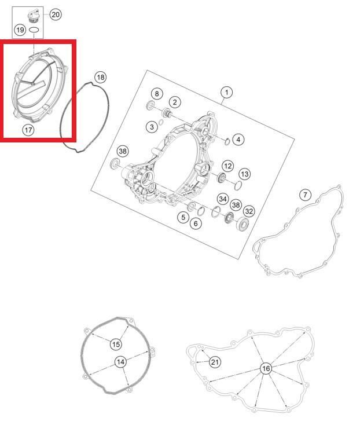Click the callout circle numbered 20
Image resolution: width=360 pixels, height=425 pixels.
point(56,14)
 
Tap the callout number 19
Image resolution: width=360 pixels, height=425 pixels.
point(20,30)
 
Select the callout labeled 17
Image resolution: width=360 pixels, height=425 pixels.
point(28,130)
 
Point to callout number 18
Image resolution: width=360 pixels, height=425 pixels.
point(101,78)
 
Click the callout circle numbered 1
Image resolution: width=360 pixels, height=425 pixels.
point(226,93)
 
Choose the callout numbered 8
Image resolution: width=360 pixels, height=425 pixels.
point(157,94)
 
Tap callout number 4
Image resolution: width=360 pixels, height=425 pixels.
point(238,140)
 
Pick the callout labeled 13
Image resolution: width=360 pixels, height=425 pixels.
point(245,174)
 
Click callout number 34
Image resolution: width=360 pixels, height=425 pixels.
point(223,199)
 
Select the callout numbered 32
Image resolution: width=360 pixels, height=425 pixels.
point(249,211)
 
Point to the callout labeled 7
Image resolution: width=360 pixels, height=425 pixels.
point(305,195)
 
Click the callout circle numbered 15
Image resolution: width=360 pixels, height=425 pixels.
point(116,345)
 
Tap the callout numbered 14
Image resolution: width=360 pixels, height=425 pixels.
point(120,362)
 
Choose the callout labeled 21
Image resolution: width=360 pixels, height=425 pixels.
point(215,362)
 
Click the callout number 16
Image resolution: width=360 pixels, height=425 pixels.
point(266,368)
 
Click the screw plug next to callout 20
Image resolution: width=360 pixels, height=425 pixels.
point(34,15)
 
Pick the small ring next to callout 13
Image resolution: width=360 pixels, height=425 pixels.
point(238,185)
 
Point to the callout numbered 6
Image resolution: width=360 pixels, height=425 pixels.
point(196,224)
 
